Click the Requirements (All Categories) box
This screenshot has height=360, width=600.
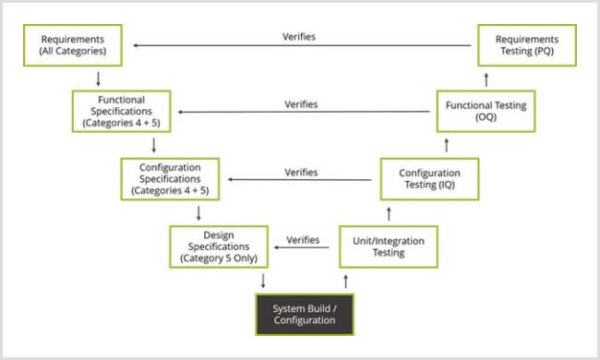pyautogui.click(x=74, y=45)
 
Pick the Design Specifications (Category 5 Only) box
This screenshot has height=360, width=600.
pyautogui.click(x=219, y=245)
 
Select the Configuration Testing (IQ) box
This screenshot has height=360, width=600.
pyautogui.click(x=429, y=178)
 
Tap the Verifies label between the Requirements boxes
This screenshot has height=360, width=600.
pyautogui.click(x=301, y=37)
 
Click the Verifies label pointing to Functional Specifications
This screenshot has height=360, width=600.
pyautogui.click(x=301, y=104)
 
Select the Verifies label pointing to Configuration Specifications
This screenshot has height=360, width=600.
pyautogui.click(x=301, y=172)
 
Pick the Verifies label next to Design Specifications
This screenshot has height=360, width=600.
pyautogui.click(x=303, y=240)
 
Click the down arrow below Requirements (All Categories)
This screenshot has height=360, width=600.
pyautogui.click(x=97, y=78)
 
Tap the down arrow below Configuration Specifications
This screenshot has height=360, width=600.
pyautogui.click(x=200, y=212)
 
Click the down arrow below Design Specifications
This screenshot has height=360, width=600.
pyautogui.click(x=262, y=279)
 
